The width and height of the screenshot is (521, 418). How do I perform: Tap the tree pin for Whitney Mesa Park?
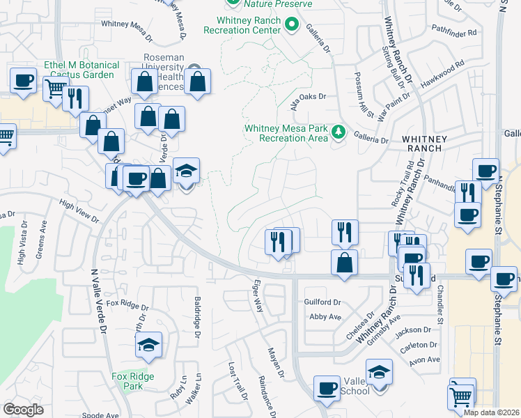point(339,131)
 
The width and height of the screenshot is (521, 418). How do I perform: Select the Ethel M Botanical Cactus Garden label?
point(81,70)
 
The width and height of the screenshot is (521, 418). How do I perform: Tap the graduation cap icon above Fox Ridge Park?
point(148,344)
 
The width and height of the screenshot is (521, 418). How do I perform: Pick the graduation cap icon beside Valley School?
point(379,372)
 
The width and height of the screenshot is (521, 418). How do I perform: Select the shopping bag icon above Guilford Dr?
point(344,263)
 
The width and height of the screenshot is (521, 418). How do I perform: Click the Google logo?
point(23,409)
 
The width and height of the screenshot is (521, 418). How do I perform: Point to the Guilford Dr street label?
point(322,302)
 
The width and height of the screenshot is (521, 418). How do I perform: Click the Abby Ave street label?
point(325,316)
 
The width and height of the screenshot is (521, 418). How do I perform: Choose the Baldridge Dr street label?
point(197,316)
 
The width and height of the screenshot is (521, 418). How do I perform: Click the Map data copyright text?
point(491,412)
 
